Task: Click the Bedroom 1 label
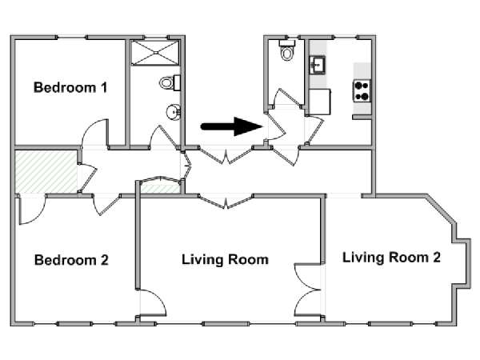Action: (x=70, y=87)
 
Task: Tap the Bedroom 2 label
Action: (x=71, y=260)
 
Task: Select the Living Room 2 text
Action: (x=391, y=257)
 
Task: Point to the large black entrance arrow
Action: (x=232, y=126)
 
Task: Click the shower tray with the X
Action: (x=155, y=53)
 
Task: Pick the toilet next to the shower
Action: (x=170, y=82)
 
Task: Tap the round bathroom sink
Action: (x=174, y=112)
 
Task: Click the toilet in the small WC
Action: (x=287, y=50)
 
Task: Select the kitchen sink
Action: (x=318, y=65)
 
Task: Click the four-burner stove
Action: (x=362, y=91)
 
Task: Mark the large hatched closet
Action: (x=46, y=171)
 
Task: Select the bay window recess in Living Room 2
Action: (x=463, y=263)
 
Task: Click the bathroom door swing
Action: (x=164, y=137)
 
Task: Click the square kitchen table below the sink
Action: (x=319, y=102)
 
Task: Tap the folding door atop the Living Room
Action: (x=226, y=202)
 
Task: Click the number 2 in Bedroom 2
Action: (x=104, y=260)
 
